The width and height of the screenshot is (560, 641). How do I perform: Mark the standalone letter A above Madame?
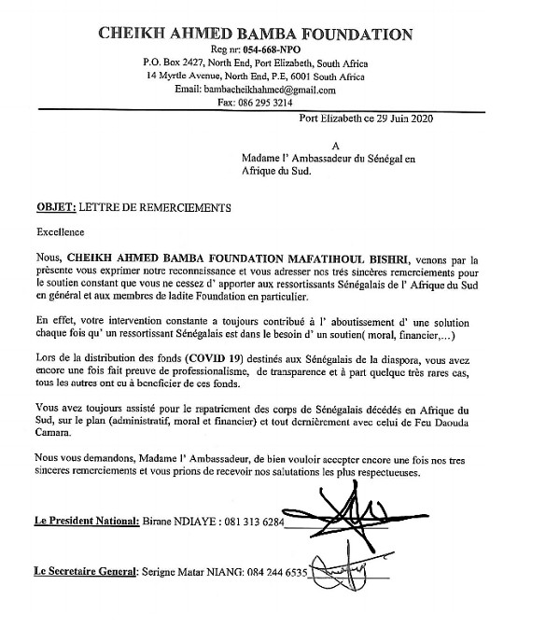tap(336, 146)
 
